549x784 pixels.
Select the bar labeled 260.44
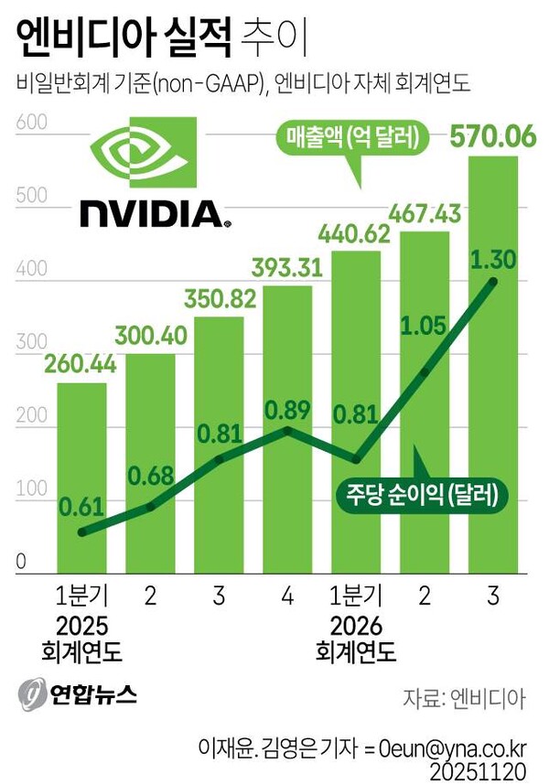[81, 476]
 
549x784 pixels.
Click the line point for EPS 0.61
[82, 532]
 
